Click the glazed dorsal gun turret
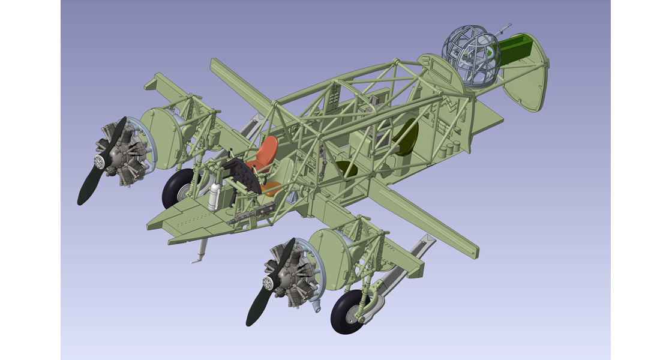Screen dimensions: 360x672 coord(472,57)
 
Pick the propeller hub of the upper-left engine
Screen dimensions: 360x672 coord(100,161)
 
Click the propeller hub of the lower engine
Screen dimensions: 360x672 coord(268,283)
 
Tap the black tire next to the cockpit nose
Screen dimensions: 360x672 coord(178,188)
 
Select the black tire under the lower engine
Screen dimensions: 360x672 coord(348,311)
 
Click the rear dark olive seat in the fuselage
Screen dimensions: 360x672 coord(406,136)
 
